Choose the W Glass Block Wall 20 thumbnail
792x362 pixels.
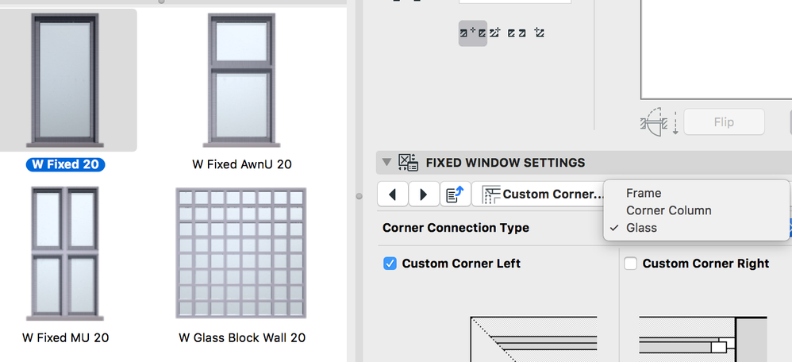point(241,252)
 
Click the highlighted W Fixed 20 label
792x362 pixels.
point(65,164)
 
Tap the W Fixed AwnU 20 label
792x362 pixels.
point(241,164)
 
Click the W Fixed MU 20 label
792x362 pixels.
point(65,337)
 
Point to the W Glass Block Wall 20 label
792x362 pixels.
point(241,337)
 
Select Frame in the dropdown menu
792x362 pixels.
point(643,193)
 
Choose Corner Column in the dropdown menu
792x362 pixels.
point(668,210)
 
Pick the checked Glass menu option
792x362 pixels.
point(641,228)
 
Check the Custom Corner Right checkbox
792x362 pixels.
point(631,264)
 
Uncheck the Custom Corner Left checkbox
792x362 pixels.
point(390,264)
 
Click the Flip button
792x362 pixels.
point(723,122)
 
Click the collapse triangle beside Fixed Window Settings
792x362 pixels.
point(386,163)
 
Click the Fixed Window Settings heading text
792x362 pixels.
point(505,163)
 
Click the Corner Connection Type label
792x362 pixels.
point(456,228)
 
